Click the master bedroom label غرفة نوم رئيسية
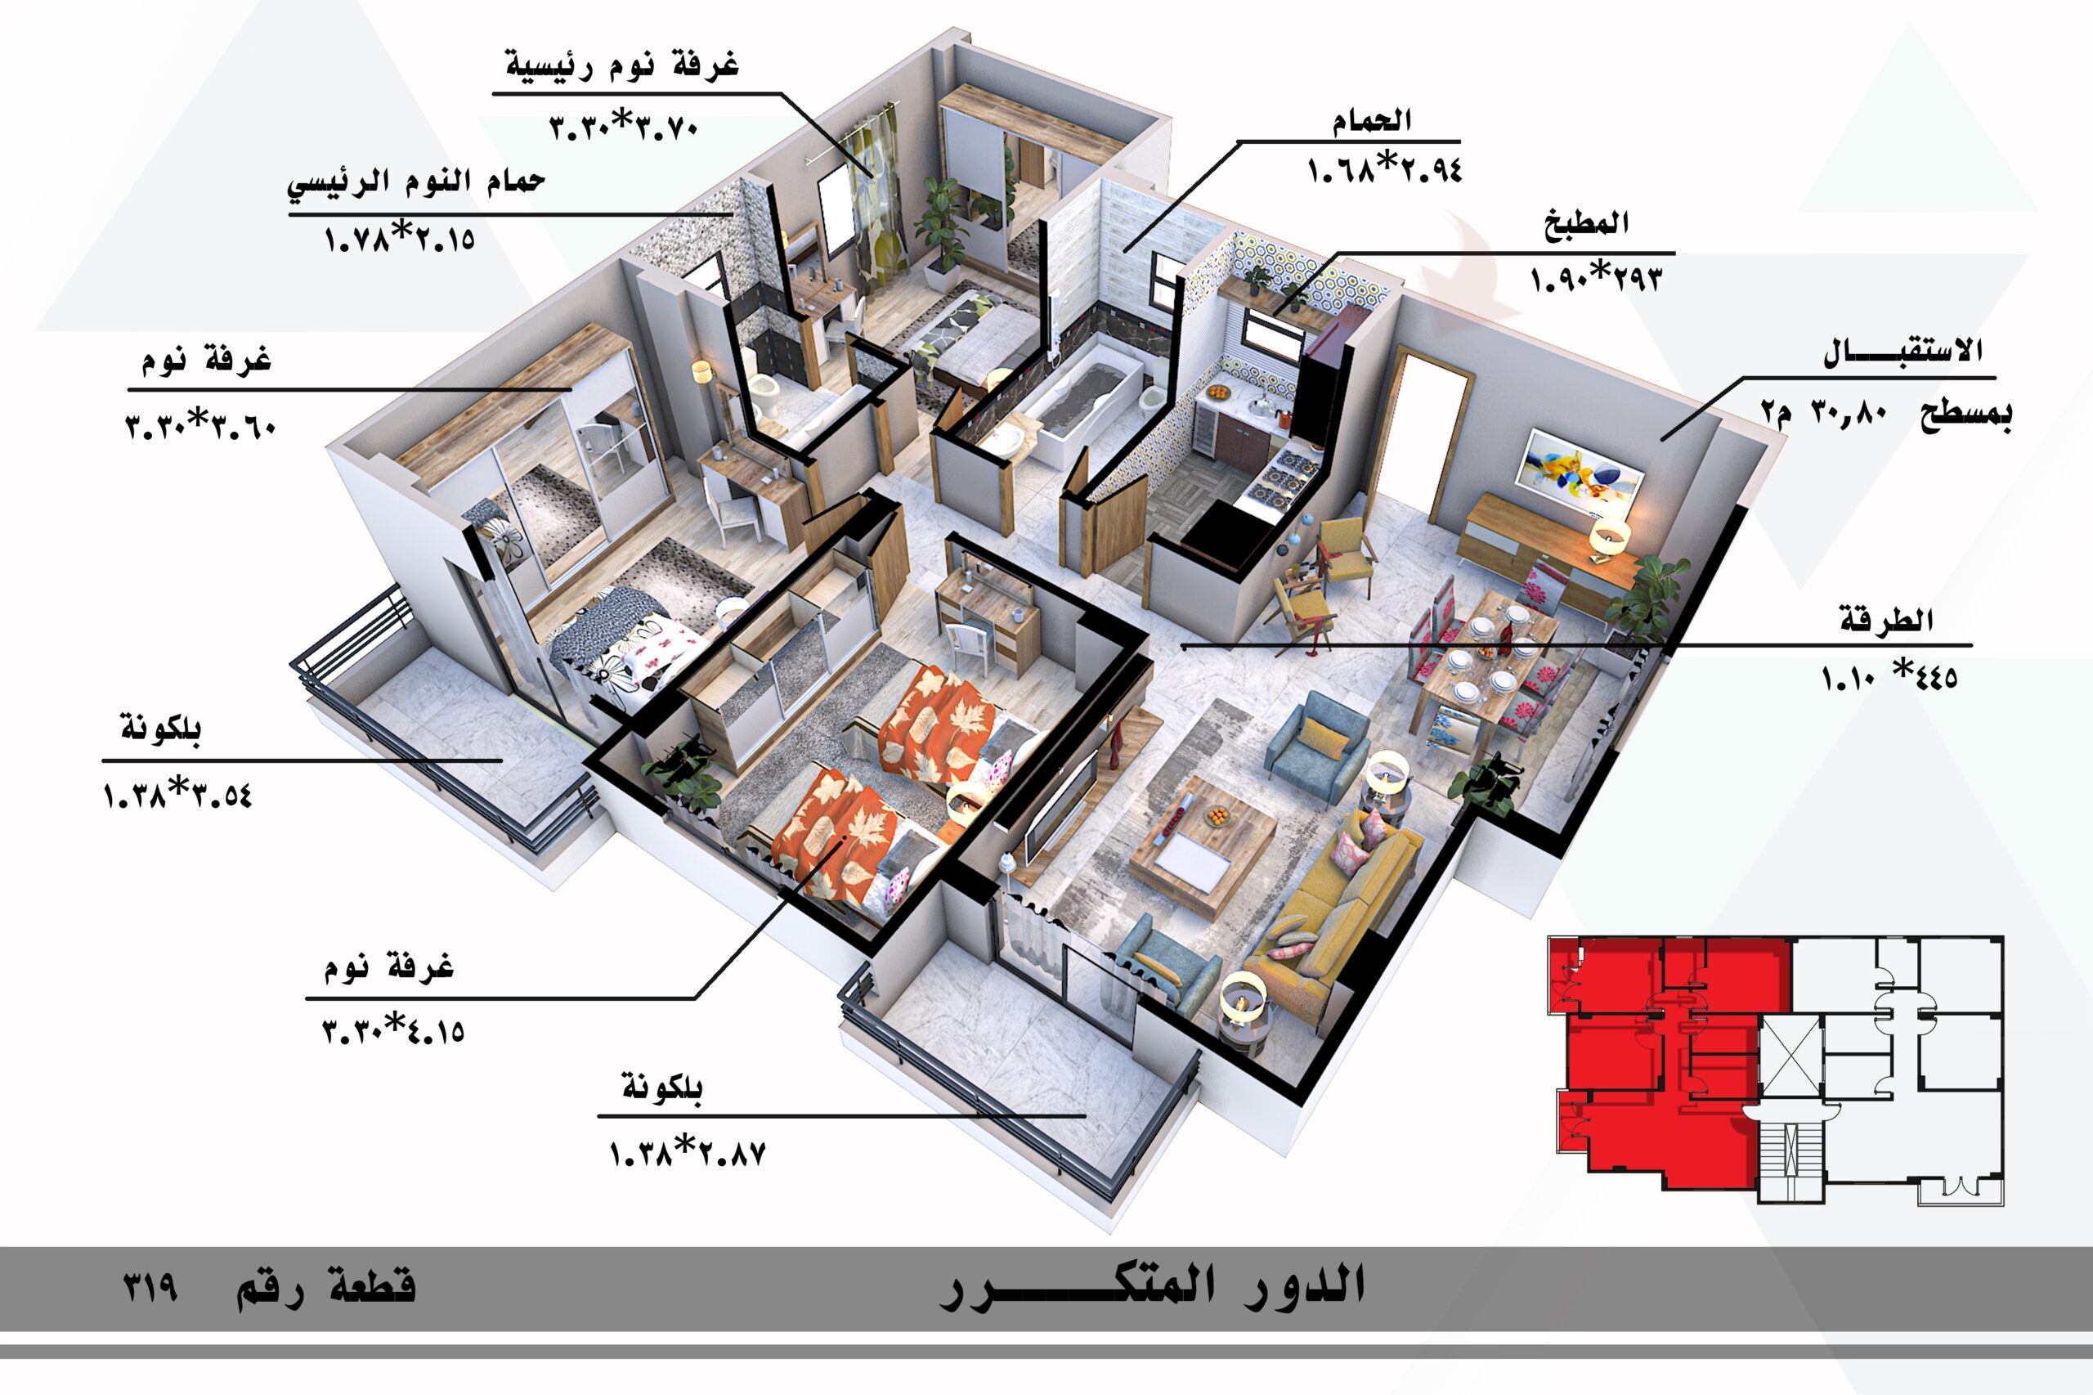pos(621,65)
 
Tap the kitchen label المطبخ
pos(1586,223)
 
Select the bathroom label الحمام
pos(1371,120)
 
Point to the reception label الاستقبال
pos(1903,352)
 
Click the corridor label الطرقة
pos(1886,620)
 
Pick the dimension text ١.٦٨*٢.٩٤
pos(1384,169)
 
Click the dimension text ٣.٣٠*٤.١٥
pos(393,1032)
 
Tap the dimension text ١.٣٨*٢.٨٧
pos(687,1154)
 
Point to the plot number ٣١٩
pos(150,1287)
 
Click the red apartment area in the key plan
pos(1655,1068)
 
